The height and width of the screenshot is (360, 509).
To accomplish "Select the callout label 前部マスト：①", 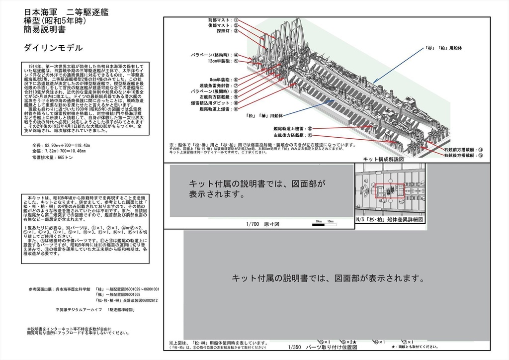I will (x=223, y=20).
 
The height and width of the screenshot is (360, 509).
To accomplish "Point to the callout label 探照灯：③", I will (x=228, y=31).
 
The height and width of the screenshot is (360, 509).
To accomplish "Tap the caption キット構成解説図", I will (x=383, y=159).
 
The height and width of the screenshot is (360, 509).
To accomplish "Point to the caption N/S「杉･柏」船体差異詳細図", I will (x=390, y=219).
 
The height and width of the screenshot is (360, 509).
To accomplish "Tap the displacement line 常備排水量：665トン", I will (x=52, y=157).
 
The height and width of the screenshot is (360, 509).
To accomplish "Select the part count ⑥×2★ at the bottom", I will (x=351, y=342).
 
